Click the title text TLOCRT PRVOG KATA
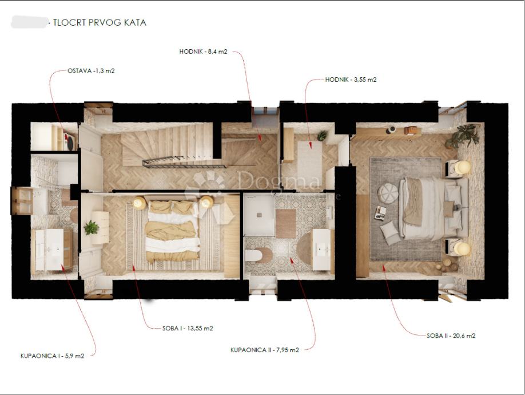100,22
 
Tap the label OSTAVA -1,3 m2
91,70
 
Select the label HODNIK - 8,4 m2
203,52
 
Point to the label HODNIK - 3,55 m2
351,80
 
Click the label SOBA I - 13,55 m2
188,329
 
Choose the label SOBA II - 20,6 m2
451,335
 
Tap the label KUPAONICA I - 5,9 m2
52,356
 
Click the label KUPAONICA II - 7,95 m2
265,350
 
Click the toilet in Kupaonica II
258,255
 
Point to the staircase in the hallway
171,145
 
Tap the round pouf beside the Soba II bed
388,193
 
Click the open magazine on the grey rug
380,213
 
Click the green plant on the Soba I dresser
91,227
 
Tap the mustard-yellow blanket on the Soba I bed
171,231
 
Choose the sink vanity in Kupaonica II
321,249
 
